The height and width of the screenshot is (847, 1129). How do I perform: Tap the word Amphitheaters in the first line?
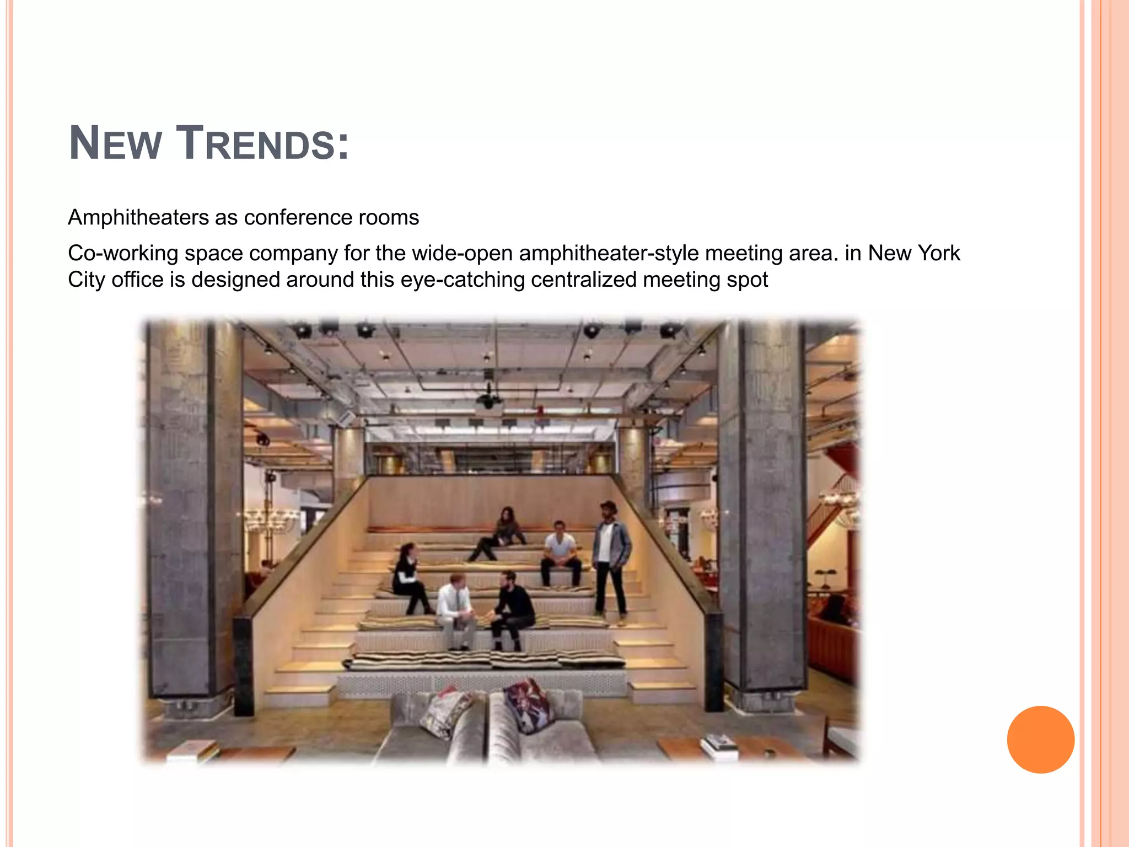point(138,217)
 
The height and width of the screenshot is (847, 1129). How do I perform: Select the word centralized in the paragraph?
point(583,280)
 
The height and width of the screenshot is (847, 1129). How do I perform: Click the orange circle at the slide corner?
point(1040,739)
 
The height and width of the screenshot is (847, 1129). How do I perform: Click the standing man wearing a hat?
point(610,557)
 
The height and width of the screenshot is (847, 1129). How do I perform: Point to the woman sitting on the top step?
point(502,532)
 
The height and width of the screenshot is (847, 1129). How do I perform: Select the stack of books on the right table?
point(719,745)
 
